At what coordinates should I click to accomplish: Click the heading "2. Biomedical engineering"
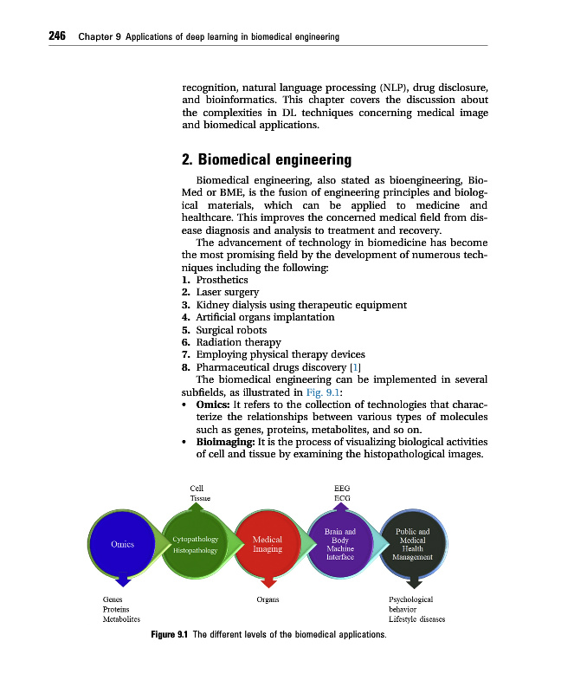255,159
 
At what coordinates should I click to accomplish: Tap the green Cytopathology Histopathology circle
196,544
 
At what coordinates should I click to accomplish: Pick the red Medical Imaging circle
268,544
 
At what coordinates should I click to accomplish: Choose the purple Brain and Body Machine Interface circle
339,544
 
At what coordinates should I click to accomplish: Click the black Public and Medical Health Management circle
412,544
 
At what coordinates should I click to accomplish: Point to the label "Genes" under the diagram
112,599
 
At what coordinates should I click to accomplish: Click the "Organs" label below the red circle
268,599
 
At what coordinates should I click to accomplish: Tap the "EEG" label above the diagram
341,489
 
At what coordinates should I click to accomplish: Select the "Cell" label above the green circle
197,489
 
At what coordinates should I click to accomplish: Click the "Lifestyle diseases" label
416,620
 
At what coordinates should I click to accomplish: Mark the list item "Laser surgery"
227,292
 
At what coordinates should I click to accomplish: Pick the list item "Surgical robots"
231,330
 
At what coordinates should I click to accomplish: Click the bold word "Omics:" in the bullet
213,405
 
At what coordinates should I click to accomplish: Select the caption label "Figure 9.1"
170,636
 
